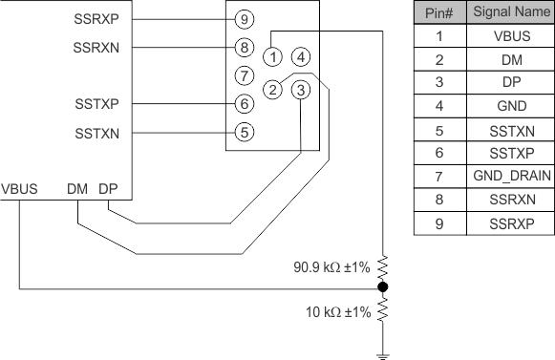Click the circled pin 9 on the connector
[245, 19]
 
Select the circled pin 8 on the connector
[245, 46]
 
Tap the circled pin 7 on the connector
[245, 74]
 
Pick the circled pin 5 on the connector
[245, 132]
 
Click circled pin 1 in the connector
[273, 55]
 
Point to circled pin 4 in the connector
[301, 55]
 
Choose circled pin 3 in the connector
[301, 91]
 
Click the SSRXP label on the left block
[96, 19]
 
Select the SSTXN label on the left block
[96, 133]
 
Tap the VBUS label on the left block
[20, 188]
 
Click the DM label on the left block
[78, 188]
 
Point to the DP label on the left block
[108, 188]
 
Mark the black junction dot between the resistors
[383, 286]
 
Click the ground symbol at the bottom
[383, 353]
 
